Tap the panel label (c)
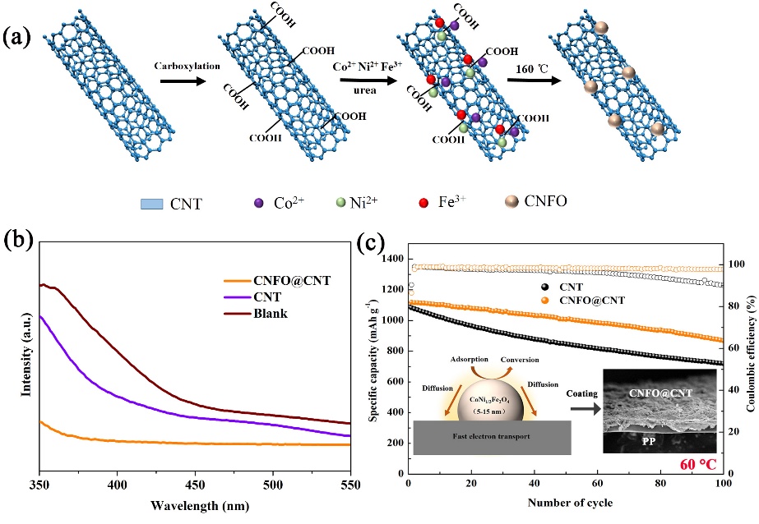pos(372,244)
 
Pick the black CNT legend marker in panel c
pos(547,287)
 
